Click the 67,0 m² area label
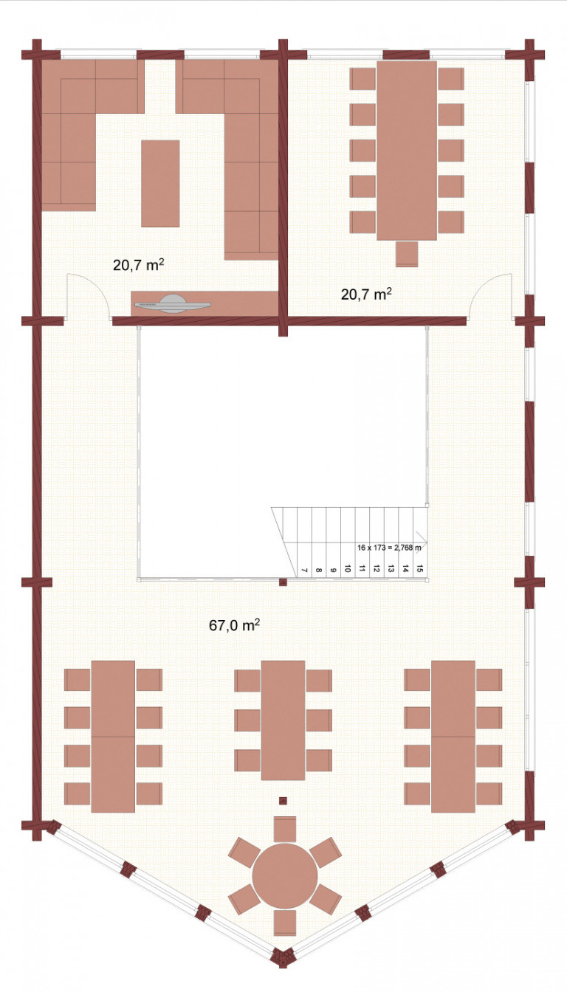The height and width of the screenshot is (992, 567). [234, 625]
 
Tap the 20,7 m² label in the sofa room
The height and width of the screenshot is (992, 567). [139, 265]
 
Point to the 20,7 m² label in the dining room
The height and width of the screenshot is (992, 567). [366, 294]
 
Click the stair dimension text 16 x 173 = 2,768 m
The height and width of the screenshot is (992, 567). [389, 548]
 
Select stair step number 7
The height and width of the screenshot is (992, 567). [304, 571]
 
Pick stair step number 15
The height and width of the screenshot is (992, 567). [420, 568]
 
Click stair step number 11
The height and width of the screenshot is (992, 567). [362, 568]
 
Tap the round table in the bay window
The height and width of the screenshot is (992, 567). [285, 875]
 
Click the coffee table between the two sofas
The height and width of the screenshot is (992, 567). [160, 184]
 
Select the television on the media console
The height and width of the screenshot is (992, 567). [172, 304]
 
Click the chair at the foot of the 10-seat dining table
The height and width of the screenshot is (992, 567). [407, 254]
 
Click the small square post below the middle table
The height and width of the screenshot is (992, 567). [283, 800]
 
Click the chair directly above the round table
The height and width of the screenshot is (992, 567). [285, 830]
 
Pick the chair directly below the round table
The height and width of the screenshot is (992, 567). [285, 923]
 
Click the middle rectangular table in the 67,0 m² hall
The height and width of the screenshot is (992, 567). [283, 720]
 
